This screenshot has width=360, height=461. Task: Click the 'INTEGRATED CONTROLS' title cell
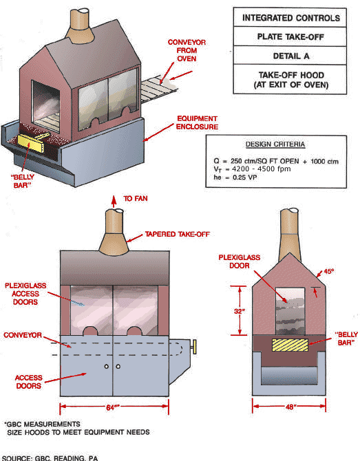(290, 18)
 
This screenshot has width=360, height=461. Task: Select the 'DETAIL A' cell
(290, 56)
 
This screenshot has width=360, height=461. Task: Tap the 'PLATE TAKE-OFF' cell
(290, 36)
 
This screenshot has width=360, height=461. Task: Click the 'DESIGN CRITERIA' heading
(275, 144)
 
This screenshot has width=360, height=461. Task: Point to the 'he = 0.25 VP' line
(235, 178)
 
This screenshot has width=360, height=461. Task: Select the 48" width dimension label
(290, 407)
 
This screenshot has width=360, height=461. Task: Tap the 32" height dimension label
(240, 311)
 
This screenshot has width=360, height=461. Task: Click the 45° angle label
(329, 271)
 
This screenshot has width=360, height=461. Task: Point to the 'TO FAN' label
(136, 199)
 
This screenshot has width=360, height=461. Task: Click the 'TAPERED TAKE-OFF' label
(178, 235)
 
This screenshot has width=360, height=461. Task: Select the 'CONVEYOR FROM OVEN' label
(187, 50)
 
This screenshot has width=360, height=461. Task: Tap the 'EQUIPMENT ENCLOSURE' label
(198, 122)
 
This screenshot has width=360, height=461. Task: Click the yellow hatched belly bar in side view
(290, 345)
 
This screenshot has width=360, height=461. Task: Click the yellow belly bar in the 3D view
(30, 144)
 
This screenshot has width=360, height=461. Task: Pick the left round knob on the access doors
(107, 366)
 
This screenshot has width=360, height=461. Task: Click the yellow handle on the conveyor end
(194, 347)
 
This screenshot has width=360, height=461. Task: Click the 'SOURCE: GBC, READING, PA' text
(50, 458)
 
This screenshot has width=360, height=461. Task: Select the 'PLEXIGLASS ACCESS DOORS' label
(25, 294)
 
